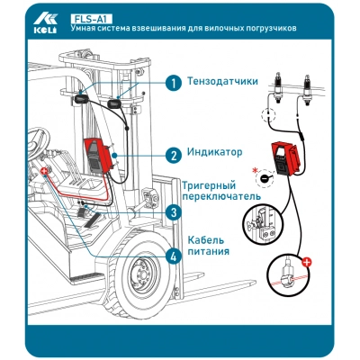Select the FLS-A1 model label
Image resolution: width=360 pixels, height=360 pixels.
pos(91,19)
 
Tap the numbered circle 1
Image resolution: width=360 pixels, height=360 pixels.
pos(174,83)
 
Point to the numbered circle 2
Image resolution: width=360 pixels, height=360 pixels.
pos(174,156)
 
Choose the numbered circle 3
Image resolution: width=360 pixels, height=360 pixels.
pos(174,212)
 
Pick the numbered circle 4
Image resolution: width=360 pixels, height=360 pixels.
pos(174,256)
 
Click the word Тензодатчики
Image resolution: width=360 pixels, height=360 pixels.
pos(222,81)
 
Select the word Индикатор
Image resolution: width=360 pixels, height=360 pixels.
pos(214,152)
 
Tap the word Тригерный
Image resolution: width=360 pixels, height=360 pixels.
pos(209,186)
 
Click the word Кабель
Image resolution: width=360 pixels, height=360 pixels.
pos(206,240)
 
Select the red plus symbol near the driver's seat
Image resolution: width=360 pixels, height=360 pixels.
pos(44,172)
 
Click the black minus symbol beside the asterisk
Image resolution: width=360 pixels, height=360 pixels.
pos(265,179)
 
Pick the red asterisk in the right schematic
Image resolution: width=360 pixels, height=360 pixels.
pos(255,171)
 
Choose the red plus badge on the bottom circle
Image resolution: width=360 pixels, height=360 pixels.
pos(307,263)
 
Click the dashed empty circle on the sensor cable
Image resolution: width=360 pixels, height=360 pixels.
pos(268,115)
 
